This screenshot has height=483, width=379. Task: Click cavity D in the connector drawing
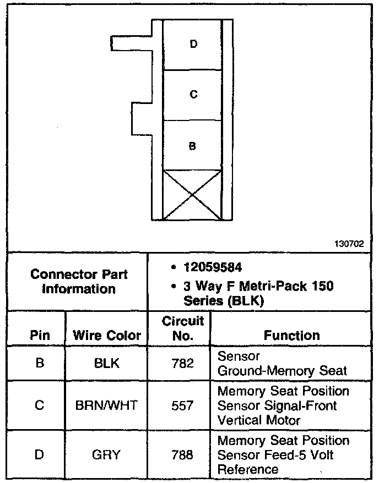pyautogui.click(x=193, y=44)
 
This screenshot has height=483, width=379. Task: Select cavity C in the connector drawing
pyautogui.click(x=193, y=95)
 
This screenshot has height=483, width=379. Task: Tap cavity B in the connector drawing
pyautogui.click(x=192, y=146)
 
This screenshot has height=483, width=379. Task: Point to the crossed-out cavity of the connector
pyautogui.click(x=192, y=195)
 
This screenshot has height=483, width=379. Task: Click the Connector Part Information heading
pyautogui.click(x=79, y=281)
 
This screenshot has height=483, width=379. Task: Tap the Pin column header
pyautogui.click(x=39, y=336)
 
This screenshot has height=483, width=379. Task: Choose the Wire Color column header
pyautogui.click(x=107, y=336)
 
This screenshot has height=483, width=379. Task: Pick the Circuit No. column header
pyautogui.click(x=182, y=328)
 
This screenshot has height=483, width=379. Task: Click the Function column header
pyautogui.click(x=291, y=335)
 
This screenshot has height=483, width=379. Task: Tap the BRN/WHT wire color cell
pyautogui.click(x=106, y=406)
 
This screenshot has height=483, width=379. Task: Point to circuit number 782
pyautogui.click(x=182, y=364)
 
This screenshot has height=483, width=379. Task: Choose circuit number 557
pyautogui.click(x=182, y=406)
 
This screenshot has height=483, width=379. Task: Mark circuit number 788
pyautogui.click(x=182, y=455)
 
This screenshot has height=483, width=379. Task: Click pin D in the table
pyautogui.click(x=39, y=455)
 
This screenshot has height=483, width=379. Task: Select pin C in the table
pyautogui.click(x=39, y=406)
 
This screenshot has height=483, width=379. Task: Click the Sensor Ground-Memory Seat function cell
pyautogui.click(x=282, y=364)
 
